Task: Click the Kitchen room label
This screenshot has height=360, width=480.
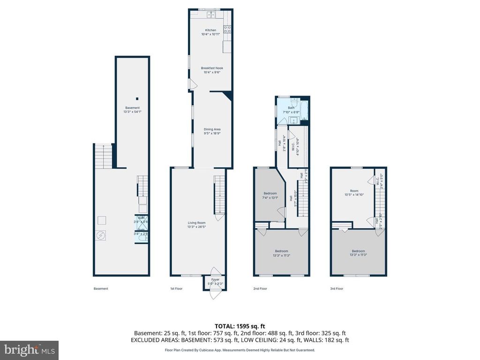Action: pos(210,30)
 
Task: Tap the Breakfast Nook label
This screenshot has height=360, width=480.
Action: pos(213,68)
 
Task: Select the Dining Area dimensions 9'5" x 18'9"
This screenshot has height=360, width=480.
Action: pos(212,133)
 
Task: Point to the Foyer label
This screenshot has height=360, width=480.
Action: pos(215,279)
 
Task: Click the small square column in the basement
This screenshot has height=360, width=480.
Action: pos(137,98)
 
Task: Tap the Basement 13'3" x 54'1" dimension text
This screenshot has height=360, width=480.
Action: pos(132,112)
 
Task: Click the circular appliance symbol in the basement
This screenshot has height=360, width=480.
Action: pos(100,236)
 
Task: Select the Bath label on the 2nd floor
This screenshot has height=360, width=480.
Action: pos(291,108)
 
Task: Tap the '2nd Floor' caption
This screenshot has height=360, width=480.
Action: pos(260,289)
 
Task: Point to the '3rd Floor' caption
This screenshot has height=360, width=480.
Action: pos(336,289)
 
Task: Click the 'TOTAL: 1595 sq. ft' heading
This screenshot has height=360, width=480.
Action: pos(240,326)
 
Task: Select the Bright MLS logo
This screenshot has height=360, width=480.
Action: pos(29,350)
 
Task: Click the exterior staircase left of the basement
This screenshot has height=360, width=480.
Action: pos(104,156)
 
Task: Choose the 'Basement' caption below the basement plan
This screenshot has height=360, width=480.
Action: pos(101,289)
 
